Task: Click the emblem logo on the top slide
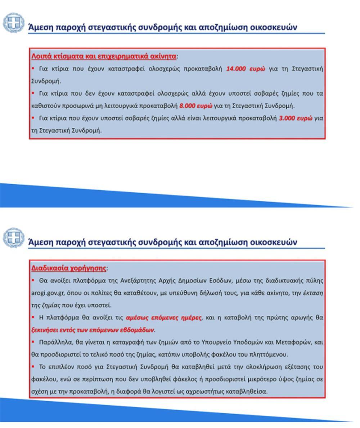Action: pos(13,23)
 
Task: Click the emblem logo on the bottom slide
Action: pos(13,238)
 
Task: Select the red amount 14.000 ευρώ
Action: pos(246,69)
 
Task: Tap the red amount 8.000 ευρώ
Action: pos(196,106)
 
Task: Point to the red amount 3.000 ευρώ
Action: pos(296,118)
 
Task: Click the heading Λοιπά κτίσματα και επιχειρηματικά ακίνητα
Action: pos(104,56)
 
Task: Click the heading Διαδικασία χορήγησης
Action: pos(68,268)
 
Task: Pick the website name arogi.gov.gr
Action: pos(48,293)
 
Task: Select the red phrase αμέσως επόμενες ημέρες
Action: pos(163,318)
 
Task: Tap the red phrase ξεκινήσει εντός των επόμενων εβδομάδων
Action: pos(93,330)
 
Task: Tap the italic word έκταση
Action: pos(312,293)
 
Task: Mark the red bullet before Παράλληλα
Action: pos(33,341)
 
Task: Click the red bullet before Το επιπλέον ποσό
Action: pos(33,366)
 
